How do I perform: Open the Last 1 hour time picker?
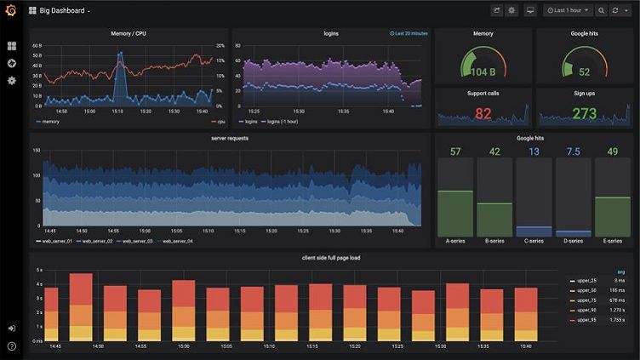pyautogui.click(x=569, y=10)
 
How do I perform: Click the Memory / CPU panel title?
pyautogui.click(x=129, y=33)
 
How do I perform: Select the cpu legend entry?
pyautogui.click(x=219, y=122)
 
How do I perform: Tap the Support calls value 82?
pyautogui.click(x=483, y=113)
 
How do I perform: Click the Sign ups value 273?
pyautogui.click(x=584, y=113)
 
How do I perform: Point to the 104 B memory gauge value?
pyautogui.click(x=483, y=72)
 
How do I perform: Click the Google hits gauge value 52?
pyautogui.click(x=584, y=72)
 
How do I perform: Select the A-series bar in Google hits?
pyautogui.click(x=454, y=213)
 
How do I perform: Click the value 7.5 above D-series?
pyautogui.click(x=573, y=151)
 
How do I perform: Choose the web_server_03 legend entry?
pyautogui.click(x=136, y=241)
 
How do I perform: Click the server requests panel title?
pyautogui.click(x=230, y=138)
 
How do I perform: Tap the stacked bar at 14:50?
pyautogui.click(x=81, y=306)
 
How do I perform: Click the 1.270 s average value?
pyautogui.click(x=616, y=311)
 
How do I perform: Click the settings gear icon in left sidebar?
pyautogui.click(x=12, y=80)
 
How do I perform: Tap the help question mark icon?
pyautogui.click(x=12, y=346)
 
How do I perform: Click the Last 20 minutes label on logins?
pyautogui.click(x=409, y=34)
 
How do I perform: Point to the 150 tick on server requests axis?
pyautogui.click(x=37, y=151)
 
